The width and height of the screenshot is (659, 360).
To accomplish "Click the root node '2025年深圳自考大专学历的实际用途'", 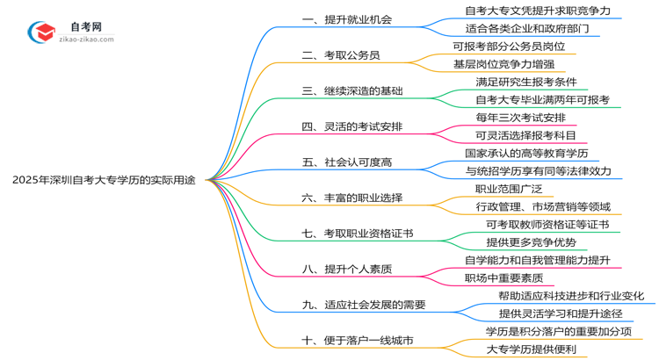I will [x=105, y=180].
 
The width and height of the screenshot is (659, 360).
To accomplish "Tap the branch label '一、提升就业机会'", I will [x=347, y=19].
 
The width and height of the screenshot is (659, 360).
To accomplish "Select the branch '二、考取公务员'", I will [x=341, y=55].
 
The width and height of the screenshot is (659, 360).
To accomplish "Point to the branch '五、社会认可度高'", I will [x=347, y=162].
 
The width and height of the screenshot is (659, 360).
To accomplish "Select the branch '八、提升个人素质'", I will [x=347, y=270].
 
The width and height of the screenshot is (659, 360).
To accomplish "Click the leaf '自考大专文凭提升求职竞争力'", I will [x=539, y=11].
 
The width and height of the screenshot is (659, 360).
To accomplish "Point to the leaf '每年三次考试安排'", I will [x=519, y=117].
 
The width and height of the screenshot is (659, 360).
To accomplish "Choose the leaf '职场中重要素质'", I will [x=503, y=278].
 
